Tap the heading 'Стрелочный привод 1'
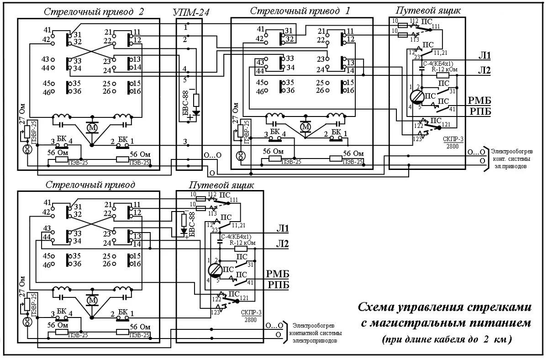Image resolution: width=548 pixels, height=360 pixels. pyautogui.click(x=300, y=11)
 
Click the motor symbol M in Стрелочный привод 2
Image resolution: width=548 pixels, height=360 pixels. pyautogui.click(x=93, y=126)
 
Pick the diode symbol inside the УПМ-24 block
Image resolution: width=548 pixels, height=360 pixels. pyautogui.click(x=196, y=112)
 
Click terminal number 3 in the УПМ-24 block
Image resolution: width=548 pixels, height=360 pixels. pyautogui.click(x=185, y=142)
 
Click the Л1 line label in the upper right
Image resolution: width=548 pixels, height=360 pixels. pyautogui.click(x=484, y=57)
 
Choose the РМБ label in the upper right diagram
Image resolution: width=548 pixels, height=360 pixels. pyautogui.click(x=479, y=101)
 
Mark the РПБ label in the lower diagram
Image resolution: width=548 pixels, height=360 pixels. pyautogui.click(x=278, y=285)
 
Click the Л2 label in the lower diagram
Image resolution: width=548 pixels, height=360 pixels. pyautogui.click(x=282, y=244)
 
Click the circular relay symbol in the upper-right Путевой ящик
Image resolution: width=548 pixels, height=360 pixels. pyautogui.click(x=416, y=96)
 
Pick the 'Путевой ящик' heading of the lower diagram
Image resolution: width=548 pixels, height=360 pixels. pyautogui.click(x=221, y=185)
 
